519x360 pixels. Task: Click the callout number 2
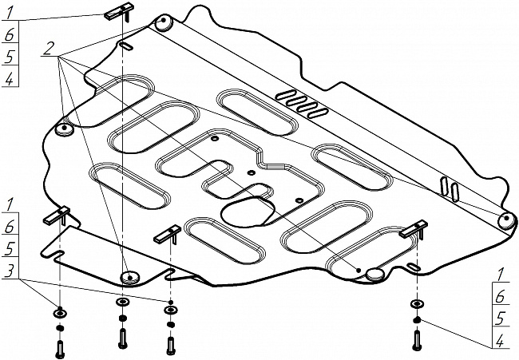(48, 49)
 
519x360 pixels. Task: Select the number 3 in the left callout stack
(10, 271)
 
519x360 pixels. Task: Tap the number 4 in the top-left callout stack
(10, 79)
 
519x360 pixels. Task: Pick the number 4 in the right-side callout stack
(500, 341)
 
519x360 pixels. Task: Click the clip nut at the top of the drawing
(118, 13)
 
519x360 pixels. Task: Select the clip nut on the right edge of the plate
(414, 229)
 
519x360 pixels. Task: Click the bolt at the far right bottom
(417, 341)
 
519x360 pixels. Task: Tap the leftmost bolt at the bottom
(60, 350)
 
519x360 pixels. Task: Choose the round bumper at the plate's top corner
(163, 23)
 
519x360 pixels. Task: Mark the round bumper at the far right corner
(507, 220)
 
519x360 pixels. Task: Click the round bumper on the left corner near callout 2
(64, 129)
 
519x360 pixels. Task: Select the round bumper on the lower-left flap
(129, 278)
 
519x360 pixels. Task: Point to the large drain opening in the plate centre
(248, 212)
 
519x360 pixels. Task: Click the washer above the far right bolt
(417, 303)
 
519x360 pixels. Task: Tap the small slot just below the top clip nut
(126, 46)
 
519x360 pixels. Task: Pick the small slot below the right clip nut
(414, 267)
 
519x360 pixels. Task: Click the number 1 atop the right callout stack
(500, 275)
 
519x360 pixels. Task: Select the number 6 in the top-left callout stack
(10, 34)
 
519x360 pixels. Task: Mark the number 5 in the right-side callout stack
(500, 318)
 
